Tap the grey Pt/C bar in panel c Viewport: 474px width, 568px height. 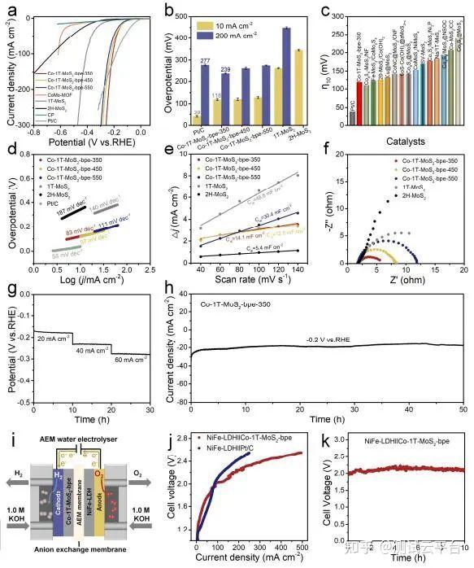[329, 118]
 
